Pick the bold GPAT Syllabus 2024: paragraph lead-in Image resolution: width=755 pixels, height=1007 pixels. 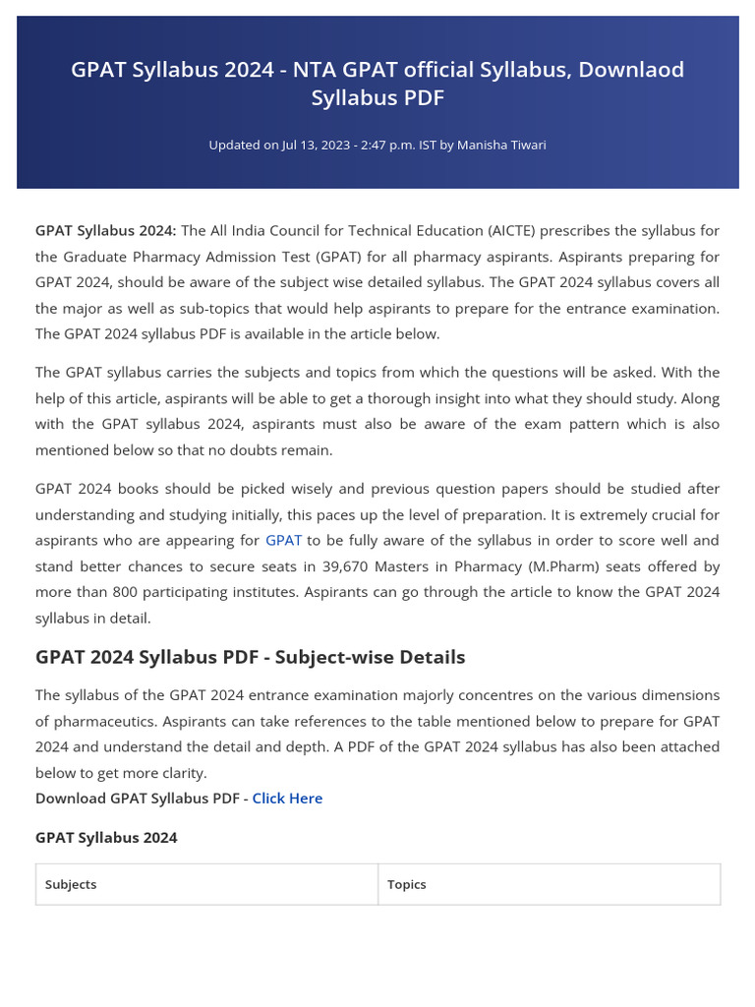point(105,230)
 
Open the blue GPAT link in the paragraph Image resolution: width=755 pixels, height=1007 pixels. point(283,540)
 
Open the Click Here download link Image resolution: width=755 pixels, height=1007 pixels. point(287,798)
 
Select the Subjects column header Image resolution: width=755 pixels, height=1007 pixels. point(71,884)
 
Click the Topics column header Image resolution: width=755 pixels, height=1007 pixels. point(406,884)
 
